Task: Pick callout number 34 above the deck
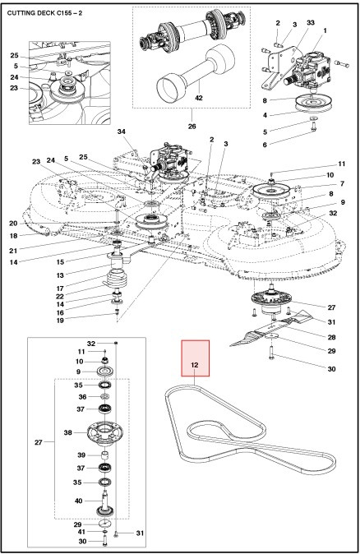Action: [x=121, y=131]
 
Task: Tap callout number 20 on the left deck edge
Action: [x=13, y=223]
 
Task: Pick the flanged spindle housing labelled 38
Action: [x=107, y=432]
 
